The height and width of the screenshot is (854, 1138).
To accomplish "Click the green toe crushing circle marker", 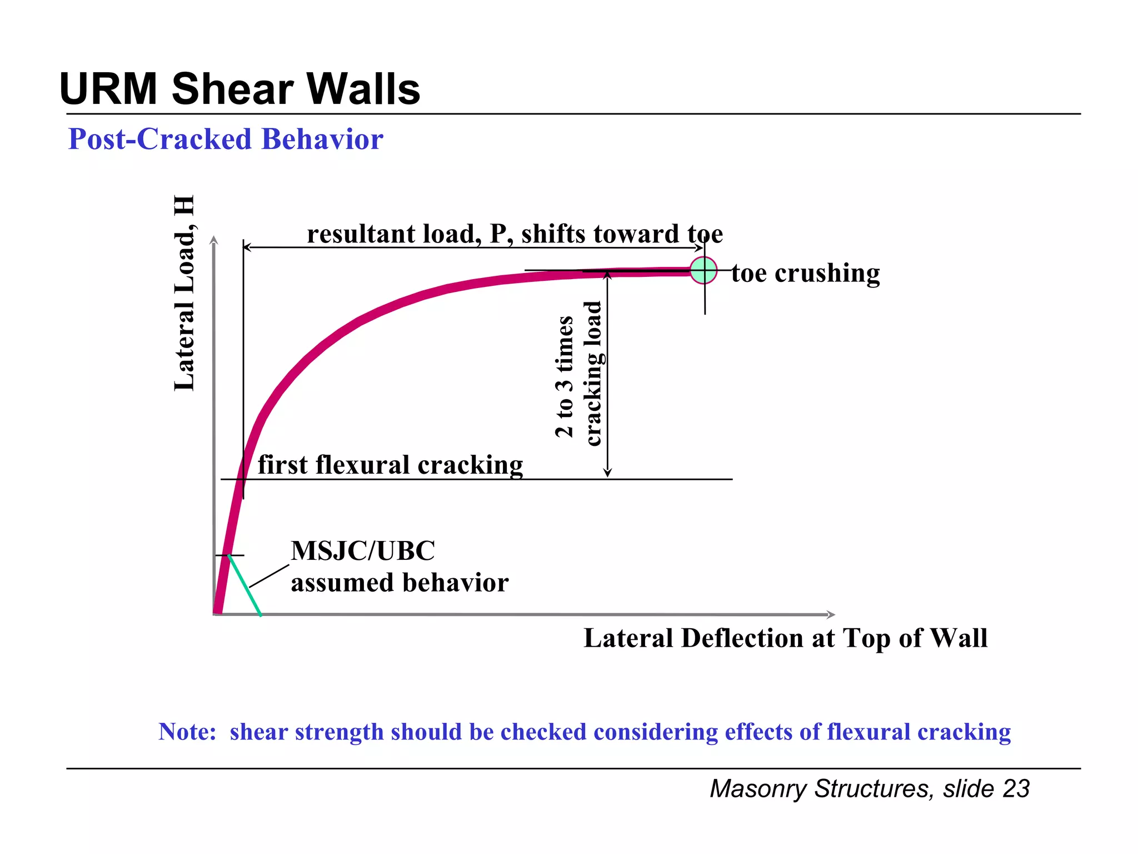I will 703,270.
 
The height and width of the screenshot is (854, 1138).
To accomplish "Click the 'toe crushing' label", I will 805,273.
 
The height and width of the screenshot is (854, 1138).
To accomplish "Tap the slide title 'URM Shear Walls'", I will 239,89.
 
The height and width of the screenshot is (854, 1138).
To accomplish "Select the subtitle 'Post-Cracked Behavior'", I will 226,139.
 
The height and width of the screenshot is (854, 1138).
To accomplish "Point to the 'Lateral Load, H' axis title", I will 184,293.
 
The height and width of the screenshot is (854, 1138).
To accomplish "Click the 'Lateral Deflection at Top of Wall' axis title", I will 785,638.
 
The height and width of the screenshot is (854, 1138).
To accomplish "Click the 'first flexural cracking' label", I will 390,465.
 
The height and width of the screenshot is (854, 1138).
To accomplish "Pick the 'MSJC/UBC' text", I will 363,551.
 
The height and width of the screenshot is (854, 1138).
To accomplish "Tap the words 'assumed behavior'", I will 400,583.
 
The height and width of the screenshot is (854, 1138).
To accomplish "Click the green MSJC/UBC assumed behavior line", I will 245,585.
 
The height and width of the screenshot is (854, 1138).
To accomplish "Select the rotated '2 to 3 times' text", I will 564,376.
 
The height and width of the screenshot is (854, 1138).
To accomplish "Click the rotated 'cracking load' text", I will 593,374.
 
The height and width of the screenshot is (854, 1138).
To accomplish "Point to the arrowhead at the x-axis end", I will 831,614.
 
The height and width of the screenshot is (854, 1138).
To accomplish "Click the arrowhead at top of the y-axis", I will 214,240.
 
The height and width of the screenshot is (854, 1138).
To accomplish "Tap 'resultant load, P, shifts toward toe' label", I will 515,234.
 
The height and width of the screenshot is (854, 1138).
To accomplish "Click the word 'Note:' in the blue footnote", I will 187,732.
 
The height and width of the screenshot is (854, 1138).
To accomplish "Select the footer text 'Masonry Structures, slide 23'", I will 870,788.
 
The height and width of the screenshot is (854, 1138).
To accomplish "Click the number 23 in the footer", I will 1016,788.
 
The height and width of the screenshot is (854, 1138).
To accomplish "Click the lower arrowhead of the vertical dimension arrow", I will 607,473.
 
